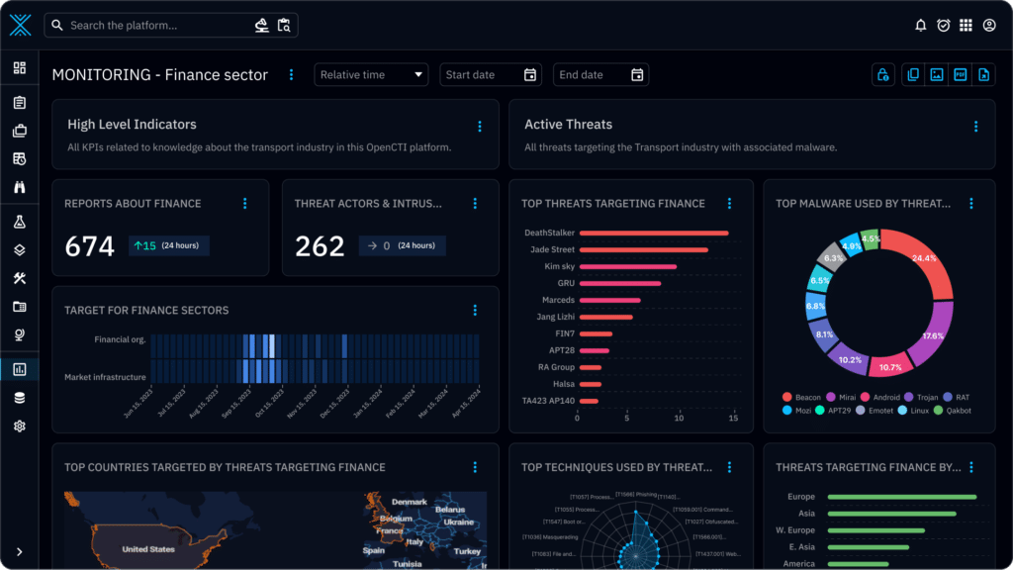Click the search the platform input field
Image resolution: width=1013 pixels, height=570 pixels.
point(148,26)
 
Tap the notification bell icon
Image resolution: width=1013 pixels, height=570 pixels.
point(921,26)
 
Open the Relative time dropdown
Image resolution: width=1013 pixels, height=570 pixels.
point(371,75)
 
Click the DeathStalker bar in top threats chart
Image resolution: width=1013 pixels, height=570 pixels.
point(654,234)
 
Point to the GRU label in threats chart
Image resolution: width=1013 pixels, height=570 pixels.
point(565,284)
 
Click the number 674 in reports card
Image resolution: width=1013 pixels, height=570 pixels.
point(90,246)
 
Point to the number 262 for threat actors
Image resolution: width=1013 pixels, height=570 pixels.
point(320,246)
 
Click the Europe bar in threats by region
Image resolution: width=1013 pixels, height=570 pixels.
point(901,497)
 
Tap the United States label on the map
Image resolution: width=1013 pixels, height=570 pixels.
point(147,549)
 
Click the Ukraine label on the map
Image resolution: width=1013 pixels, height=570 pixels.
point(458,522)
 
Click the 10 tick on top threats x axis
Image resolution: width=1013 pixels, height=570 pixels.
point(679,419)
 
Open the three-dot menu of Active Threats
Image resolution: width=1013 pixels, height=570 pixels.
point(975,127)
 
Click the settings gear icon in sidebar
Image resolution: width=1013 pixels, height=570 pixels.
point(20,427)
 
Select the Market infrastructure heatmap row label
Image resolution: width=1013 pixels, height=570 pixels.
point(105,377)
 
